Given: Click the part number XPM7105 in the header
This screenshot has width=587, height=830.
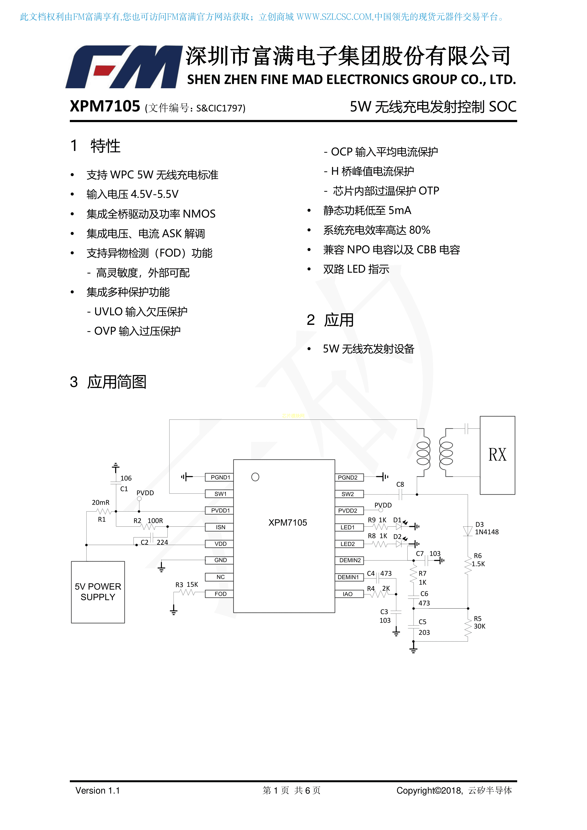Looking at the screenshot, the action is point(105,106).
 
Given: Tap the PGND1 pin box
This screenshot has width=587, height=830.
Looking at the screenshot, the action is point(219,477).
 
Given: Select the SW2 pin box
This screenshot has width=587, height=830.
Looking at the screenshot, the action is point(349,494).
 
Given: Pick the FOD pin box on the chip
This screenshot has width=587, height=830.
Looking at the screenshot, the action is point(219,594).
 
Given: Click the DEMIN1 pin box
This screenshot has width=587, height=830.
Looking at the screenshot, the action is point(349,577).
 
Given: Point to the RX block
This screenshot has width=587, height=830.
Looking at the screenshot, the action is point(497,455).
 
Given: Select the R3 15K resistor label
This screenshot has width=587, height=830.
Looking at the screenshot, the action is point(187,585).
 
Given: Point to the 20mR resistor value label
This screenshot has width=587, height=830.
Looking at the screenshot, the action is point(101,503).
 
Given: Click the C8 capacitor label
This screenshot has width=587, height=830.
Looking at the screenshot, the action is point(400,484).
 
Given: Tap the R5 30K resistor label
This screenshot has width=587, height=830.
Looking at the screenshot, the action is point(480,622).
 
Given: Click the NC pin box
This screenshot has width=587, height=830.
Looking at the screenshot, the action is point(219,577).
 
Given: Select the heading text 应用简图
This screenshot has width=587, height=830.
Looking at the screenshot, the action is point(117,382).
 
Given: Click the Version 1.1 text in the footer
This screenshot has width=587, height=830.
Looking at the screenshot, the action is point(98,790).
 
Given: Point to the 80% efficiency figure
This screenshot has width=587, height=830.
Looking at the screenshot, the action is point(420,230).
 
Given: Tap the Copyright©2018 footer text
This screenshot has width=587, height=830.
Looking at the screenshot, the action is point(430,790).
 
